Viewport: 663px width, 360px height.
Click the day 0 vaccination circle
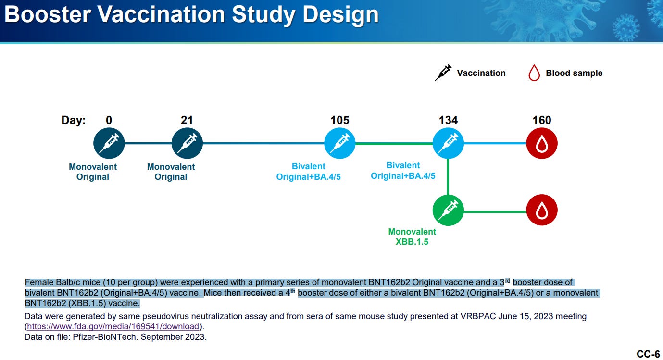(x=109, y=143)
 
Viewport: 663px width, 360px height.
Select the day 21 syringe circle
(x=187, y=143)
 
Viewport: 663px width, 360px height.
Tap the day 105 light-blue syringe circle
(x=340, y=143)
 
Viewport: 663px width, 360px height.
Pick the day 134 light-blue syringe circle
(x=448, y=143)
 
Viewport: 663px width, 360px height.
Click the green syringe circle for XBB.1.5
(x=448, y=210)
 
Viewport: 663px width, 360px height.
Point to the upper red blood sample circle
(x=542, y=143)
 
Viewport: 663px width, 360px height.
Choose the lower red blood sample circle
(x=542, y=210)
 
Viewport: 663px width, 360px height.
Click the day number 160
(x=542, y=120)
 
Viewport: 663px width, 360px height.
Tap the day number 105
(x=340, y=120)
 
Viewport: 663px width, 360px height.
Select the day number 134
(x=448, y=120)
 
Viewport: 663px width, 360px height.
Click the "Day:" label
(x=74, y=120)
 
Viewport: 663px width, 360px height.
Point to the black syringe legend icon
(x=443, y=73)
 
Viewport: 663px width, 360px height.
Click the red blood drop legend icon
(x=534, y=73)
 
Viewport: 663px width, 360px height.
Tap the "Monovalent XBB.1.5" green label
(x=412, y=236)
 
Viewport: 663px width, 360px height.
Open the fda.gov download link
(x=113, y=326)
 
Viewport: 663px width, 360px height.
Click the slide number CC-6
(x=648, y=354)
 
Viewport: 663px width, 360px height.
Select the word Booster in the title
(x=48, y=14)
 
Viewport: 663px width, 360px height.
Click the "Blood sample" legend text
(x=574, y=73)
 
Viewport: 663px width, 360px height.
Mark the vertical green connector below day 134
(x=448, y=176)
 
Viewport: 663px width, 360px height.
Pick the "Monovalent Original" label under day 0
(x=93, y=172)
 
